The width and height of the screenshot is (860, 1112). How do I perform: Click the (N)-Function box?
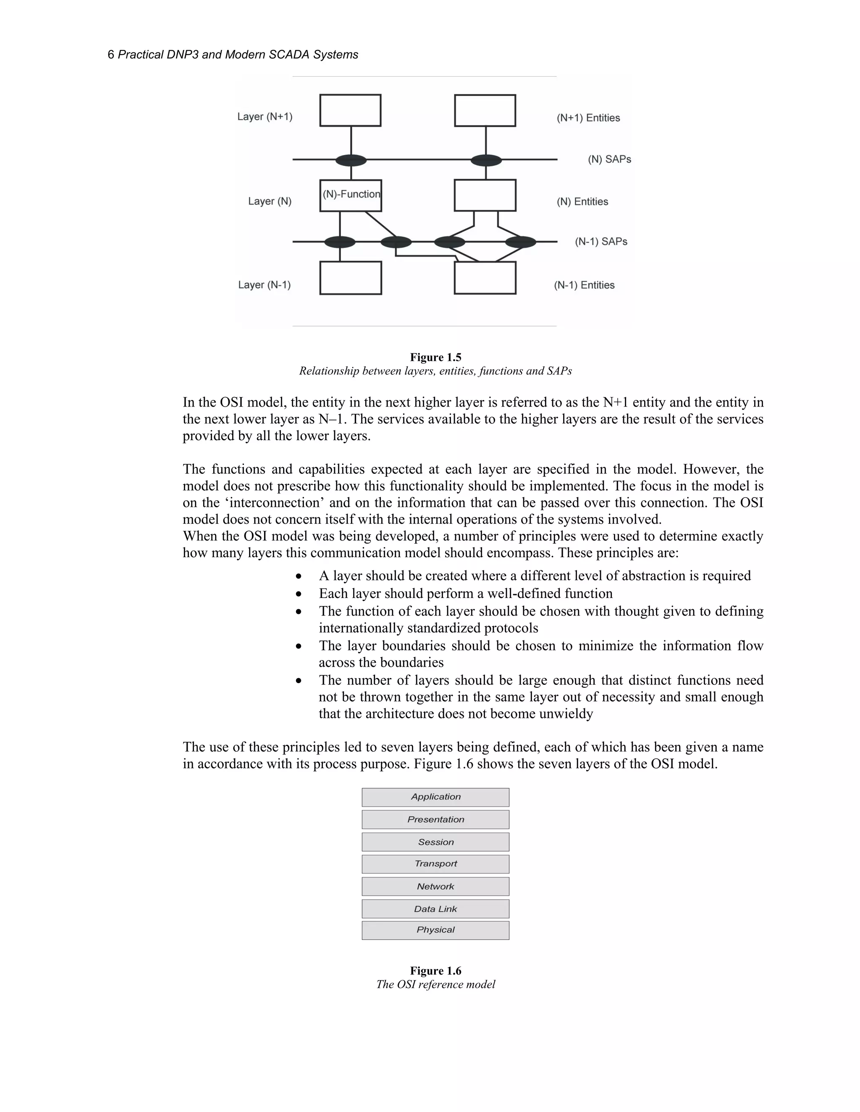click(x=351, y=195)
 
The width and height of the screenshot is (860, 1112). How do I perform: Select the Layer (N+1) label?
click(x=265, y=117)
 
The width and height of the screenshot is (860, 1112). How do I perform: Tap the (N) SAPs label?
click(x=609, y=159)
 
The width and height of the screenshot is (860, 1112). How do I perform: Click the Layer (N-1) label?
click(x=265, y=285)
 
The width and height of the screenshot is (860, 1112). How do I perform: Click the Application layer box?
click(x=435, y=797)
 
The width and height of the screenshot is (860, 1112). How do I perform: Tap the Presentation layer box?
click(x=435, y=819)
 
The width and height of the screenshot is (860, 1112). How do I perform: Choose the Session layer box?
click(x=435, y=842)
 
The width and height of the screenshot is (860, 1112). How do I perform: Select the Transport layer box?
click(x=435, y=864)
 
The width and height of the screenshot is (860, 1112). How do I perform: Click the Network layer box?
click(x=435, y=886)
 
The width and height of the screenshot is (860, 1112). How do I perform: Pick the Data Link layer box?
click(x=435, y=908)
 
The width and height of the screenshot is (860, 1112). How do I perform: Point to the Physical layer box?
click(x=435, y=930)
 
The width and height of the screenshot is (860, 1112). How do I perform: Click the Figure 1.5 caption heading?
click(x=435, y=358)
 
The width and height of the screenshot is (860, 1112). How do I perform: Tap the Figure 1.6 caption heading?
click(x=435, y=971)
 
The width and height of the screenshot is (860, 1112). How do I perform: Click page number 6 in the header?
click(x=110, y=55)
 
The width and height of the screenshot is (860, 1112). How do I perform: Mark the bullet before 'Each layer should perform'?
click(x=299, y=594)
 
